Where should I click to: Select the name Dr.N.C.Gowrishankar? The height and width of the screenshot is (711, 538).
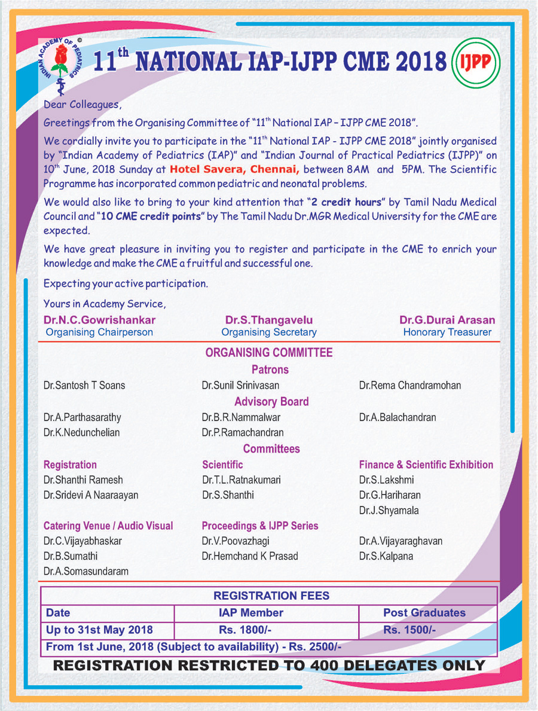pos(99,321)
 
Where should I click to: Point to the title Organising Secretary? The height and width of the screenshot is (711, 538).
pos(268,332)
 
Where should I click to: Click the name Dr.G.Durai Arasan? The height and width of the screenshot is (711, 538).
pos(447,321)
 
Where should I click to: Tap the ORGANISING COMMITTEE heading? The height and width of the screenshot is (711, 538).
pos(269,353)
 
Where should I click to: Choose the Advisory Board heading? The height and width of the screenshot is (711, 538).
pos(271,401)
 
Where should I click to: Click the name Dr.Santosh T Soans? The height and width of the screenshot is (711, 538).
pos(84,386)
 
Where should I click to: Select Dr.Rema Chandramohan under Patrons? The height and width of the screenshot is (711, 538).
pos(410,386)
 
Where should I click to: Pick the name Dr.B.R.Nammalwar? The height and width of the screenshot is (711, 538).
pos(241,417)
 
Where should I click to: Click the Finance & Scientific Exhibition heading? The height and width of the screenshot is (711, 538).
pos(426,465)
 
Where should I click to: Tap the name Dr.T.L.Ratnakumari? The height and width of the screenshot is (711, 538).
pos(242,480)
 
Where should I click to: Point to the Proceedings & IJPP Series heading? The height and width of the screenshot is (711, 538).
pos(260,526)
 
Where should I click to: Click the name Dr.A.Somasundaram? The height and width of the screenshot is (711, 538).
pos(86,572)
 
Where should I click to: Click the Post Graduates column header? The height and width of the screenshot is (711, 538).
pos(424,613)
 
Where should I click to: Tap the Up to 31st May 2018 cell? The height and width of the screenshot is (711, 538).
pos(99,630)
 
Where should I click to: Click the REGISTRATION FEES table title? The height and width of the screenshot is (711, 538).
pos(271,596)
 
